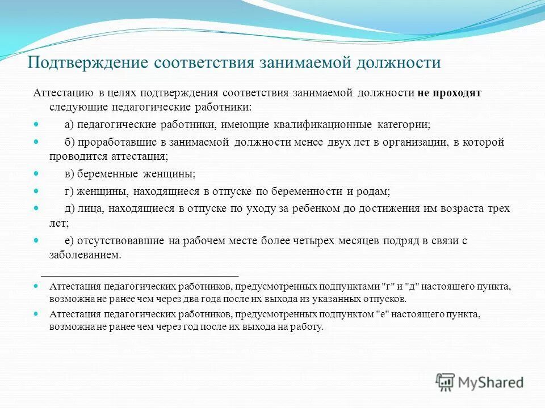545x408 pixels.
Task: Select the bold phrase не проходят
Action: pos(450,93)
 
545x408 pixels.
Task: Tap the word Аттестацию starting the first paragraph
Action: pos(61,93)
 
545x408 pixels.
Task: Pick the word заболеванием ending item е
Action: pos(85,255)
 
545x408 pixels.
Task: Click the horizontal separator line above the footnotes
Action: pos(140,274)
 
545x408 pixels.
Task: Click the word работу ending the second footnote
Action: pos(307,326)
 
